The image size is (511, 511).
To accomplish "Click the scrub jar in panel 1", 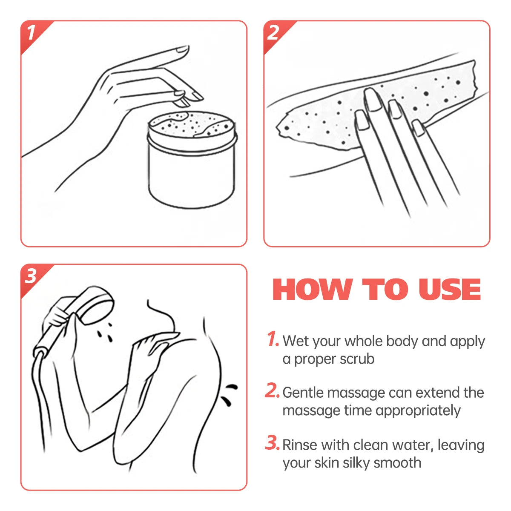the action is [192, 159].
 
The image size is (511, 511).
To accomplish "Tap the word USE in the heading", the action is [450, 289].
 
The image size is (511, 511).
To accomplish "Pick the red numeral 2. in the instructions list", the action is [273, 390].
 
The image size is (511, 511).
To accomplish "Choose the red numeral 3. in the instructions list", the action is [273, 442].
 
